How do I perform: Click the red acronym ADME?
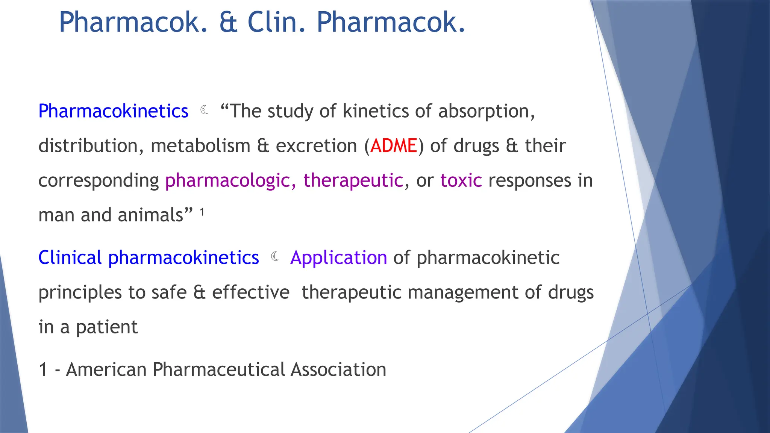[x=394, y=146]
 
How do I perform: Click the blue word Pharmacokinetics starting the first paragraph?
[x=113, y=112]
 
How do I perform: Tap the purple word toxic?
[x=461, y=180]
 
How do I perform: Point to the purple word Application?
[x=338, y=258]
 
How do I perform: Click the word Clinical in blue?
[x=70, y=258]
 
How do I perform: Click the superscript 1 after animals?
[x=202, y=212]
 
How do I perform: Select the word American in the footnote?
[x=106, y=369]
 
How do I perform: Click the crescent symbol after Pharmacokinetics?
[x=205, y=110]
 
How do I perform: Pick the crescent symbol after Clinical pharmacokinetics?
[x=275, y=256]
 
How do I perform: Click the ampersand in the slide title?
[x=228, y=23]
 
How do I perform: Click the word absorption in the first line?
[x=486, y=112]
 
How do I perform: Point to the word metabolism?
[x=200, y=146]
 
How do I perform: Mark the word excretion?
[x=316, y=146]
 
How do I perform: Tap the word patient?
[x=107, y=327]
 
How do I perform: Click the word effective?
[x=251, y=292]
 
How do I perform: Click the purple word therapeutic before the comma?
[x=353, y=181]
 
